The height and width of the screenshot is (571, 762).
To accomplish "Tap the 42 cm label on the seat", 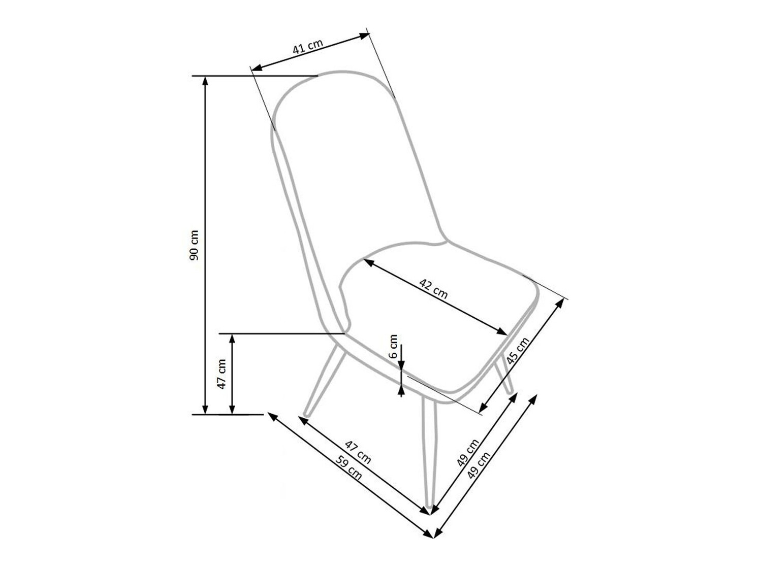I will click(433, 288).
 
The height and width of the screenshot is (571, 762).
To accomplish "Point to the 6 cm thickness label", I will click(393, 347).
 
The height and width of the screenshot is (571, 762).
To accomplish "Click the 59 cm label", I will click(350, 468).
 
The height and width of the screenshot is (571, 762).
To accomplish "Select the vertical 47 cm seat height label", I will click(221, 374).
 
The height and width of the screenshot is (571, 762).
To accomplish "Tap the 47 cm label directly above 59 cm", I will click(358, 452).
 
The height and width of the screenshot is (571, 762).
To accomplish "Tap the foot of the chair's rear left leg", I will click(306, 414).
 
